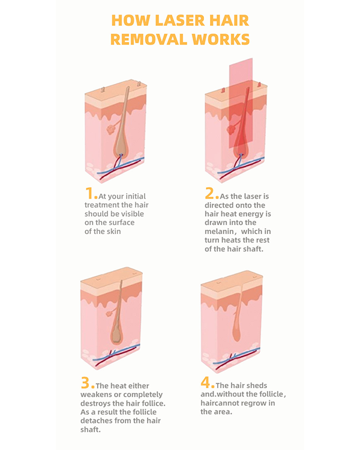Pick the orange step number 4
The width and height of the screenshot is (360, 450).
coord(206,382)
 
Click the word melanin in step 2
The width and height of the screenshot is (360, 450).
coord(219,232)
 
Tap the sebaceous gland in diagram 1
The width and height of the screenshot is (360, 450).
coord(110,130)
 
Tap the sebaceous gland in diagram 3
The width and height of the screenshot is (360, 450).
coord(109,313)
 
